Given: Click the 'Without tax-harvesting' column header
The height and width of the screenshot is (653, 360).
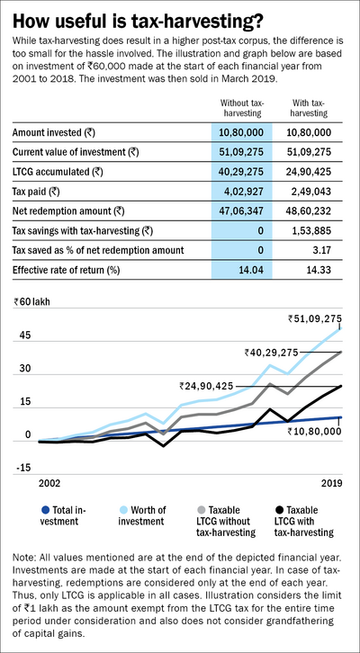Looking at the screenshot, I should (x=240, y=110).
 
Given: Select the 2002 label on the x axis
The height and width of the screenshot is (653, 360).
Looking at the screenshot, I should (x=48, y=482).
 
